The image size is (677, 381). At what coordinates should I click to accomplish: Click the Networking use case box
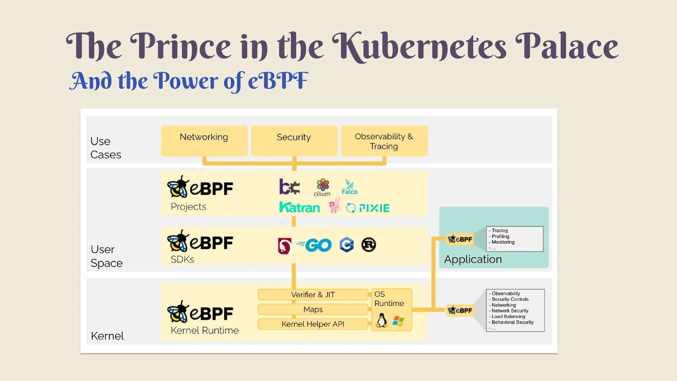pos(204,141)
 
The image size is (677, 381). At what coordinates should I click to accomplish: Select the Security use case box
pos(294,141)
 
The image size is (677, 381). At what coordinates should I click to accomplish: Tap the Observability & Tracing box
pos(384,141)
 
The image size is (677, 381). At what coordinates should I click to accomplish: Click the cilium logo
pos(322,187)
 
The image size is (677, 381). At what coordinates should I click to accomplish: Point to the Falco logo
pos(349,187)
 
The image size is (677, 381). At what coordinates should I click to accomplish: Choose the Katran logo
pos(299,207)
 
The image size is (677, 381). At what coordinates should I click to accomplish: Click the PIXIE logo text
pos(374,208)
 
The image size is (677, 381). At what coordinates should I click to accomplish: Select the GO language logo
pos(315,245)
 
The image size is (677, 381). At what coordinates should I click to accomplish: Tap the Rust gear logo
pos(368,245)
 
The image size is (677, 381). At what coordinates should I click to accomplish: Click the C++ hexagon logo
pos(347,245)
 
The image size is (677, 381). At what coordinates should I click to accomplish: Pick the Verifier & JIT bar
pos(313,295)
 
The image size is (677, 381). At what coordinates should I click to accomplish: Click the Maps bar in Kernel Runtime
pos(313,309)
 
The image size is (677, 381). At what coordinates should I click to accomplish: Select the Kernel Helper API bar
pos(313,324)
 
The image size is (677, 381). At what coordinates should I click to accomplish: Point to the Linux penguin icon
pos(381,320)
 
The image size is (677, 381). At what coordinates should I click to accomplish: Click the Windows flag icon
pos(398,321)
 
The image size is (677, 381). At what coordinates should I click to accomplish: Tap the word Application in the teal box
pos(472,259)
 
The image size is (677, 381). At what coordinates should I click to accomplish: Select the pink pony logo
pos(335,206)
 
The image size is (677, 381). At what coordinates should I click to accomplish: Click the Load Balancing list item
pos(508,316)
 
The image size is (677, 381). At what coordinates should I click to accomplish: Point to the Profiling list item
pos(500,236)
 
